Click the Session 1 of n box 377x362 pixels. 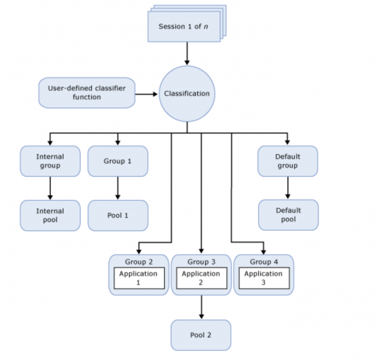(184, 27)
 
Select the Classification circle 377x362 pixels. (187, 94)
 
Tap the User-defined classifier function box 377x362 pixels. (87, 93)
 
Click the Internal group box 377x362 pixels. (50, 161)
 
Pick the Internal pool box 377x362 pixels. (50, 215)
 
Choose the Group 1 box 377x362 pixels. (117, 161)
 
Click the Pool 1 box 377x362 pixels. (117, 215)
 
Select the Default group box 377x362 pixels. (288, 161)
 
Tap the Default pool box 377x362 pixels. (288, 215)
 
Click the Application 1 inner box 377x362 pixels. (138, 278)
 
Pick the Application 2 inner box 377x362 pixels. (201, 278)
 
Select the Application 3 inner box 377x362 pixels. (263, 278)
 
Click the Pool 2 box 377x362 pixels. (201, 335)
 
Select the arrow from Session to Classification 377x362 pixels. (187, 54)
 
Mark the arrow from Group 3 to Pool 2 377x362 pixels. (201, 307)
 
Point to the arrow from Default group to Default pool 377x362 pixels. (288, 188)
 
